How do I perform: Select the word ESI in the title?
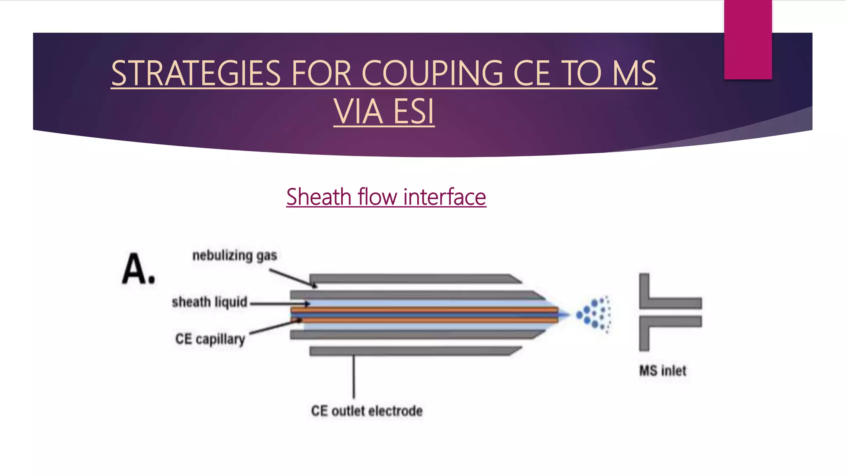pos(413,112)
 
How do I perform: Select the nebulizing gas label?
pos(235,255)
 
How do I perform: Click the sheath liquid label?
pos(209,302)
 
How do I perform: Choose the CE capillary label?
pos(210,339)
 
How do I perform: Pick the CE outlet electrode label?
pos(367,411)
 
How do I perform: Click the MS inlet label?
pos(663,371)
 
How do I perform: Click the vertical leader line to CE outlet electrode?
pos(354,376)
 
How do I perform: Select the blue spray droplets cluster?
pos(595,314)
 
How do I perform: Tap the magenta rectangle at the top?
pos(748,40)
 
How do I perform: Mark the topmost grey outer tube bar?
pos(413,278)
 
